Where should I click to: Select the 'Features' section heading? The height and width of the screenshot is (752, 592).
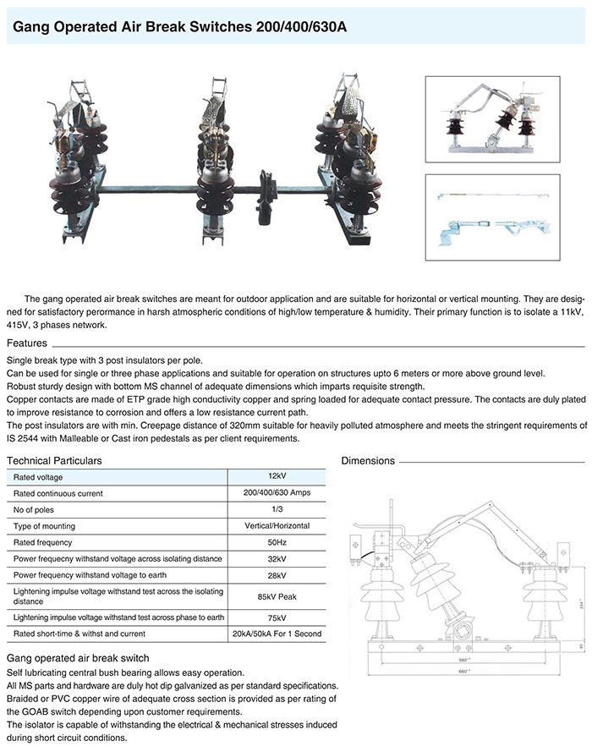click(27, 343)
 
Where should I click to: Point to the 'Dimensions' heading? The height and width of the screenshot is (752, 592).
click(368, 461)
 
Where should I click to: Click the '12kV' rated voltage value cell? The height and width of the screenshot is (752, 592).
click(276, 477)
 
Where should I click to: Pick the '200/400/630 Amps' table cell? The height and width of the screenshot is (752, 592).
click(276, 493)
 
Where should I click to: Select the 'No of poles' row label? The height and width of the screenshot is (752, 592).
click(35, 510)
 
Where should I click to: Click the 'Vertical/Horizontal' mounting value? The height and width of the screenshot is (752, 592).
click(276, 526)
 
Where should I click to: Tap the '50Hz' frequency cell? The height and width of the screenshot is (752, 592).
click(276, 542)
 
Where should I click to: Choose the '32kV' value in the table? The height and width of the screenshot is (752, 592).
click(276, 558)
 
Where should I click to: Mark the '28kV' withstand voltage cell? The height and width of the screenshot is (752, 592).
click(276, 575)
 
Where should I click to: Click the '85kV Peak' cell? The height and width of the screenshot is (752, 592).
click(276, 596)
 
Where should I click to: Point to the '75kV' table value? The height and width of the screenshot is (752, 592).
click(276, 618)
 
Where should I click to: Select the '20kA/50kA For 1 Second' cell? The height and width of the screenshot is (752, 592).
click(276, 634)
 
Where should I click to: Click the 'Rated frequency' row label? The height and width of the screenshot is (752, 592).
click(42, 542)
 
